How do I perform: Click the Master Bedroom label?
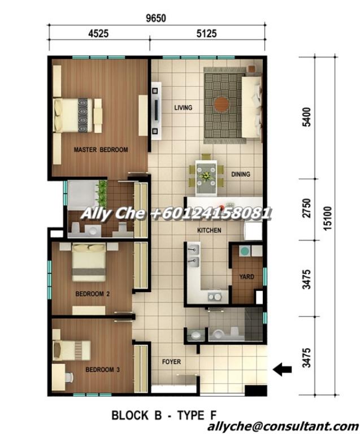pos(101,150)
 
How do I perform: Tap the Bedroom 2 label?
pos(93,294)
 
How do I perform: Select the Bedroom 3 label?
pos(102,370)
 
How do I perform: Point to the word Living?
pos(183,107)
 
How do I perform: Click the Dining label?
pos(240,174)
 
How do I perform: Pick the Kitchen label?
pos(209,231)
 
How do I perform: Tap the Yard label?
pos(246,277)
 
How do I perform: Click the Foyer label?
pos(172,362)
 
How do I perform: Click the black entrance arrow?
pos(282,370)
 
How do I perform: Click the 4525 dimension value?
pos(98,34)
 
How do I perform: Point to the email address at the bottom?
pos(283,427)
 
